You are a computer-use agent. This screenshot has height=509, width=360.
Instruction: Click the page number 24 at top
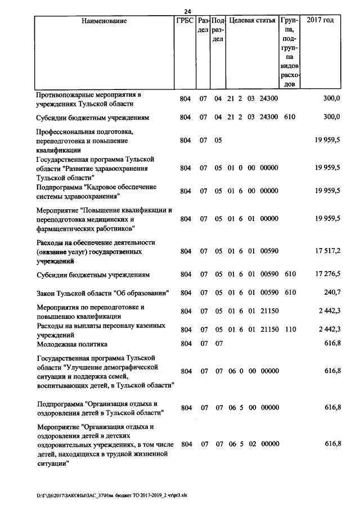pos(188,11)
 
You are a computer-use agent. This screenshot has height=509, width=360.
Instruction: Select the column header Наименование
pos(104,21)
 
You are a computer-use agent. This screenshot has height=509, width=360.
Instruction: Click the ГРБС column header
pos(185,21)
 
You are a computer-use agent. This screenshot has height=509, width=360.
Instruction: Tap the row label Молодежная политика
pos(71,344)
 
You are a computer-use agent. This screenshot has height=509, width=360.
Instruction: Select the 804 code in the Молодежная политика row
pos(185,344)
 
